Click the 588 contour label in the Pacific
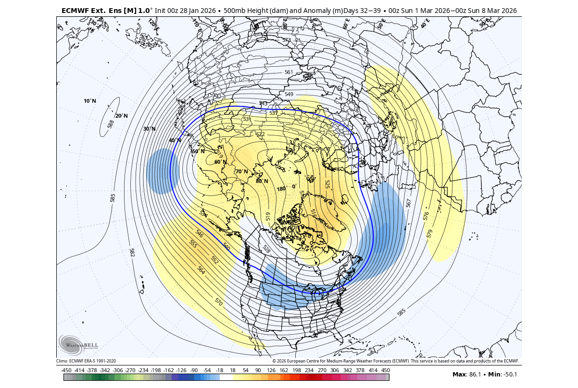click(111, 124)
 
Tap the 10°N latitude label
click(90, 101)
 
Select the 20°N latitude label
click(121, 116)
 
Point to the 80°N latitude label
click(262, 181)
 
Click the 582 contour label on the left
click(132, 252)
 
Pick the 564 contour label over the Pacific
click(201, 270)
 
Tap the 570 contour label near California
click(218, 302)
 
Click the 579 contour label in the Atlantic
click(429, 233)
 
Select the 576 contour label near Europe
click(426, 216)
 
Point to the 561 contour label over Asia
click(289, 73)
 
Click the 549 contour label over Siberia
click(289, 94)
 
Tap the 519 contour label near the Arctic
click(268, 216)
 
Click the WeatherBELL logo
click(78, 344)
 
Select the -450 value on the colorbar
click(66, 370)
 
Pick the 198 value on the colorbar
click(296, 370)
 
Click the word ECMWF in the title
click(74, 10)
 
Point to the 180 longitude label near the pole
click(281, 189)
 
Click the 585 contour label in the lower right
click(402, 313)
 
